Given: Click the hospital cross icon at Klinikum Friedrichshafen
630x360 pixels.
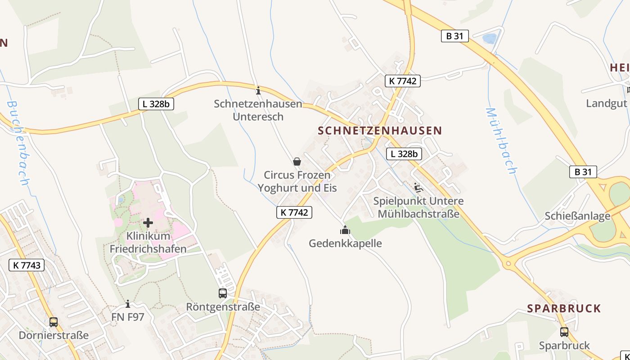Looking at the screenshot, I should pyautogui.click(x=148, y=222).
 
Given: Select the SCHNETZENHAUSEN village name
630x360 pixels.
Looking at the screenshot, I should pyautogui.click(x=380, y=130).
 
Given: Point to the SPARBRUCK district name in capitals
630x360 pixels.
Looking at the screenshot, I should pyautogui.click(x=564, y=308).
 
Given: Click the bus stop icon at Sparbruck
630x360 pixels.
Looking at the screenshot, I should pyautogui.click(x=564, y=332).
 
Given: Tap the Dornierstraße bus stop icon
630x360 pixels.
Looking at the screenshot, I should pyautogui.click(x=54, y=322).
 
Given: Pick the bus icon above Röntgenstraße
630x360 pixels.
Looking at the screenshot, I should pyautogui.click(x=223, y=293).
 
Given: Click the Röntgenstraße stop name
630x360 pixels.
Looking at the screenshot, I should pyautogui.click(x=223, y=307).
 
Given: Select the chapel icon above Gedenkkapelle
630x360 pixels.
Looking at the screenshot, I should pyautogui.click(x=345, y=230).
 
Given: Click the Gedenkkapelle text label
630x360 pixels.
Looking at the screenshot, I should pyautogui.click(x=345, y=243).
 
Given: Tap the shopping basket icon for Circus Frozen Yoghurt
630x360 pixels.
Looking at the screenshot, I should pyautogui.click(x=297, y=161).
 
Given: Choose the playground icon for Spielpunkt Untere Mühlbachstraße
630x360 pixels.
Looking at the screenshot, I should pyautogui.click(x=418, y=187).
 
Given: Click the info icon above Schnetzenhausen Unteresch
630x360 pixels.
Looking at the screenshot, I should pyautogui.click(x=258, y=90).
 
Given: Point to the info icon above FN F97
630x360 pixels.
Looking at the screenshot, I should pyautogui.click(x=128, y=304).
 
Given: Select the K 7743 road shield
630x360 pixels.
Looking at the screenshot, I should pyautogui.click(x=27, y=265).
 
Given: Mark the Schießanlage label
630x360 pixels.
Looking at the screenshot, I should pyautogui.click(x=577, y=216).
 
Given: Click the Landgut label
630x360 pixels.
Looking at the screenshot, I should pyautogui.click(x=606, y=103).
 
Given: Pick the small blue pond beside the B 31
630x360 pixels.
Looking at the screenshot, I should pyautogui.click(x=489, y=38).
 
